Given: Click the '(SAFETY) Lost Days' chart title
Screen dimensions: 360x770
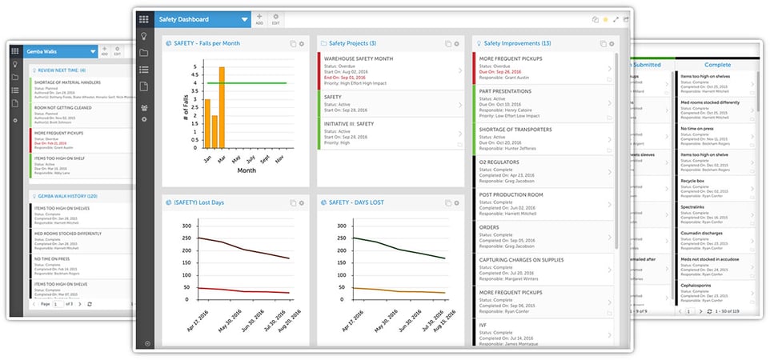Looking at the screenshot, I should (200, 202).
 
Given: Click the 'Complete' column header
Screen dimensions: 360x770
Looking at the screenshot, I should (717, 65).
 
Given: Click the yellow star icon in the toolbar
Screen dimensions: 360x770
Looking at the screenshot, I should (604, 18).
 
